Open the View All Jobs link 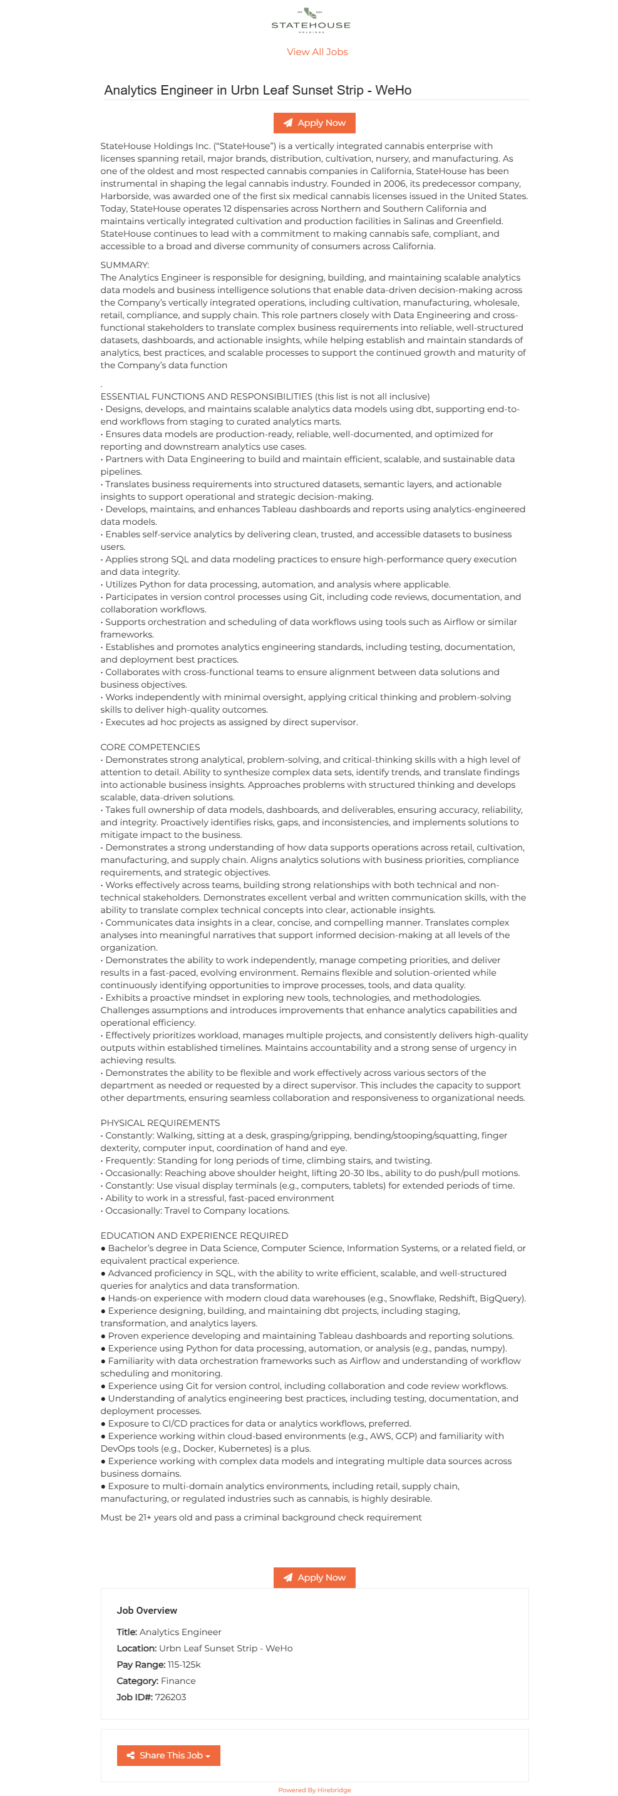tap(317, 51)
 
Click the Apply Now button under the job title tap(314, 123)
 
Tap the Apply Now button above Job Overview tap(314, 1577)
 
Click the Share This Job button tap(168, 1755)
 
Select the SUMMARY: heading tap(125, 265)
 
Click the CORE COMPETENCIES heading tap(150, 746)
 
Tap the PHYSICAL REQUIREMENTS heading tap(160, 1122)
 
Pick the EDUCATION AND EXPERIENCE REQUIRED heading tap(193, 1236)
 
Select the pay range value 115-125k tap(184, 1664)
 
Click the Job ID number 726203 tap(170, 1697)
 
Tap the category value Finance tap(178, 1681)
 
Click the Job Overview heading tap(147, 1611)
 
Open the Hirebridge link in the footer tap(334, 1790)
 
